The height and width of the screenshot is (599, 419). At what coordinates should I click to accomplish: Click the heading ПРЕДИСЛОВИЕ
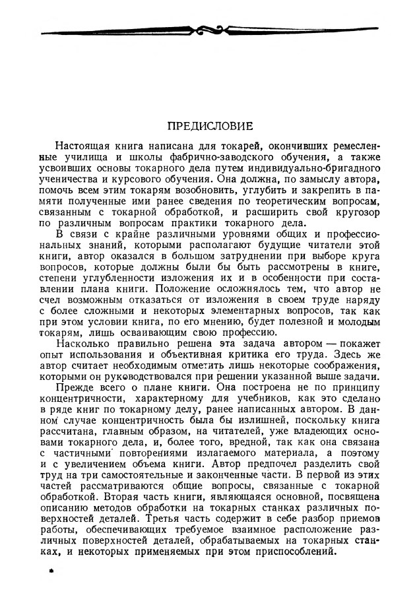click(209, 124)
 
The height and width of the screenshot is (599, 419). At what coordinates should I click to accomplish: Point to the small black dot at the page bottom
click(50, 574)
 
